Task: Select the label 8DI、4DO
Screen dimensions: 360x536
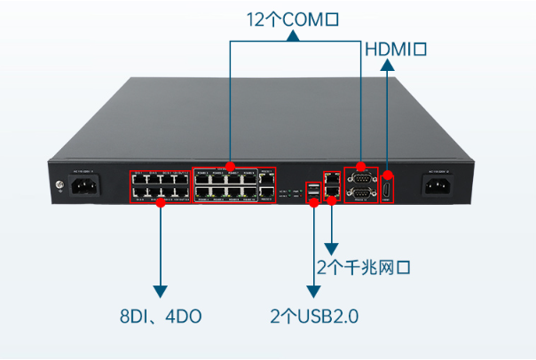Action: [161, 315]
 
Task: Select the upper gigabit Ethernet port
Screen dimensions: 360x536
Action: [332, 177]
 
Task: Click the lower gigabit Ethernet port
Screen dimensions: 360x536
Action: [332, 191]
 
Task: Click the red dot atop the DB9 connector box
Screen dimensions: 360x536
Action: [361, 166]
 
